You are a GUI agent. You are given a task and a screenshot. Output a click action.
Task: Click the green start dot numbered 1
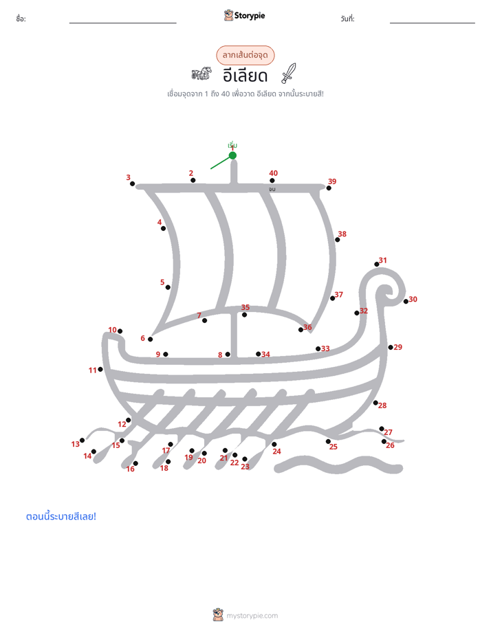coord(232,155)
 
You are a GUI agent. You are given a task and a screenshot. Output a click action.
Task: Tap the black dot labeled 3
coord(132,184)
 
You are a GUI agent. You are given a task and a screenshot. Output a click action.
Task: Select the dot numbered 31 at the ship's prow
coord(377,264)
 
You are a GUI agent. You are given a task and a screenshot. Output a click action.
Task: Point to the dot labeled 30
coord(406,301)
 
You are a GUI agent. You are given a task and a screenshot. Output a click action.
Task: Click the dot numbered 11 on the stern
coord(100,369)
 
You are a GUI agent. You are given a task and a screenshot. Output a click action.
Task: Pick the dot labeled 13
coord(83,441)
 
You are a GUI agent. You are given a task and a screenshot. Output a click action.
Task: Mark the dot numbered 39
coord(329,188)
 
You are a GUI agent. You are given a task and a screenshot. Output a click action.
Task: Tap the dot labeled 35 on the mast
coord(244,315)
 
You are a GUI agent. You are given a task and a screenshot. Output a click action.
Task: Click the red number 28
coord(382,405)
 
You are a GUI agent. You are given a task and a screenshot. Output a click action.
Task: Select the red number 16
coord(131,469)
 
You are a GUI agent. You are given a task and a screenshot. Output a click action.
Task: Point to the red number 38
coord(342,234)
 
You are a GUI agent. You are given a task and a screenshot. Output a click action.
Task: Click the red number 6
coord(142,338)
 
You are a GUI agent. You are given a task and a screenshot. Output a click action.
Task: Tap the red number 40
coord(274,173)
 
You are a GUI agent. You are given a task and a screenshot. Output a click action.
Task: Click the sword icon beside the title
coord(289,74)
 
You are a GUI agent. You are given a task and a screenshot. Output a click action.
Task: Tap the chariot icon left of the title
coord(201,74)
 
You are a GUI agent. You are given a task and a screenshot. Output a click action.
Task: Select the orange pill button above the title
coord(245,55)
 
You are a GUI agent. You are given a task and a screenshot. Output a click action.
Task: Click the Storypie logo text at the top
coord(250,16)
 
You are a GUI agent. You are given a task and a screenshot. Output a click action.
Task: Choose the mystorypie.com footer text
coord(252,616)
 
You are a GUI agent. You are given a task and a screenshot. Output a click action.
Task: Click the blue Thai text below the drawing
coord(61,516)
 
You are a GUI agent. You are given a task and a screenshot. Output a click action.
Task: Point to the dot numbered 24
coord(274,444)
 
